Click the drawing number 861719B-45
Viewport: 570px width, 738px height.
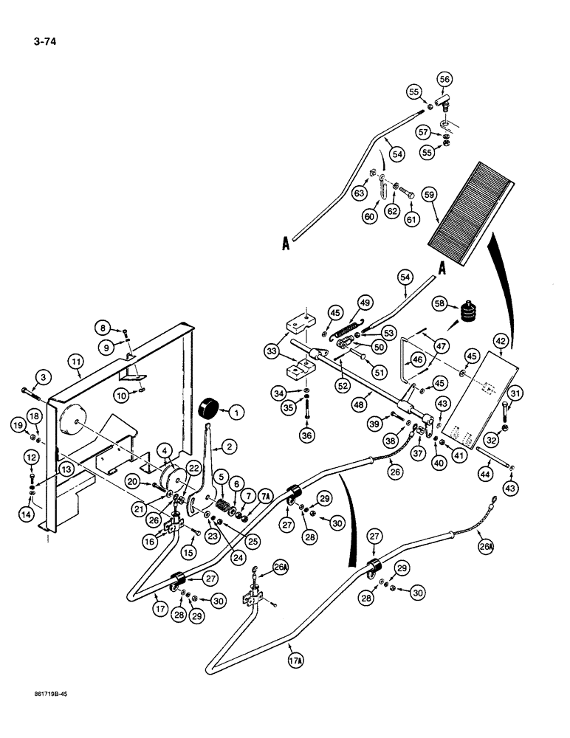click(x=55, y=715)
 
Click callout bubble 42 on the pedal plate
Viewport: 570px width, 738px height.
click(x=501, y=341)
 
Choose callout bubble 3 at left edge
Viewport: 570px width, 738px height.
click(x=43, y=377)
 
